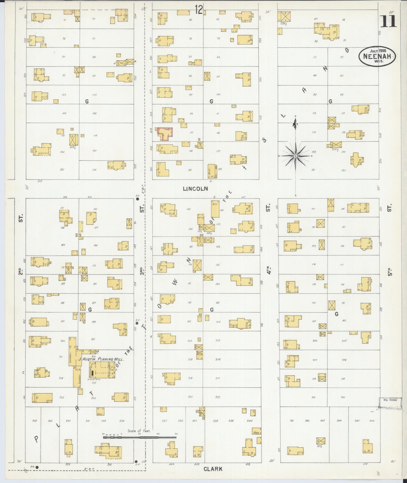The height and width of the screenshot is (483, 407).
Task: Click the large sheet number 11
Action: pyautogui.click(x=388, y=21)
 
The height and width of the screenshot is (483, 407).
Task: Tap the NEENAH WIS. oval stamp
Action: pyautogui.click(x=377, y=56)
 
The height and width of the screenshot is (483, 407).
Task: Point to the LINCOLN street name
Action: pyautogui.click(x=195, y=189)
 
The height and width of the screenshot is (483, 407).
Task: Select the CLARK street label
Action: pyautogui.click(x=213, y=469)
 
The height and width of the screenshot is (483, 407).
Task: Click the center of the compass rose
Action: pyautogui.click(x=295, y=156)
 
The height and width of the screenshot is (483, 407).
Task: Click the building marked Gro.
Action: pyautogui.click(x=215, y=209)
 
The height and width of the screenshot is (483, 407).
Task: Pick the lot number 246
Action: pyautogui.click(x=371, y=421)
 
